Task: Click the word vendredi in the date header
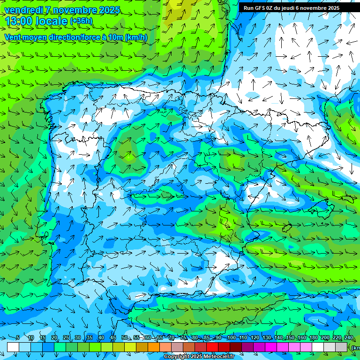coord(22,10)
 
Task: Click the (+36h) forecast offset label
coord(81,21)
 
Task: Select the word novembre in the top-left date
coord(74,10)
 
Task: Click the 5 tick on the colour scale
coord(18,338)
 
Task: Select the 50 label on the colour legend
coord(125,338)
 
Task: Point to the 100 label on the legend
coord(231,338)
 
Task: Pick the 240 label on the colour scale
coord(348,338)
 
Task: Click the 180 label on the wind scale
coord(313,338)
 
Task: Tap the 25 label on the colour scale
coord(66,338)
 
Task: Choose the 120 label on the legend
coord(255,338)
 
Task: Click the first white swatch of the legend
coord(13,347)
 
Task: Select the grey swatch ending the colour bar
coord(341,347)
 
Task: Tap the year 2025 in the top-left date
coord(109,10)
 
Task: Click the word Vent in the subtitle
coord(13,37)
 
